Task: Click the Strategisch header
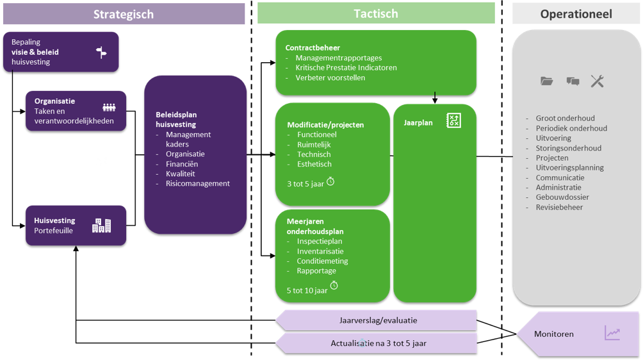123,14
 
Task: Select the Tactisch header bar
376,13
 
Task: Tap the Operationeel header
576,14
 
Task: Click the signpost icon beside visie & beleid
102,53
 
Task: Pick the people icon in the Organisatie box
109,108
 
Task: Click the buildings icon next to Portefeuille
101,225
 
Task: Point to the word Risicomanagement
198,183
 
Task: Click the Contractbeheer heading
313,47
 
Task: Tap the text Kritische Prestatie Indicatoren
346,67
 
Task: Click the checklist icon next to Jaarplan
453,120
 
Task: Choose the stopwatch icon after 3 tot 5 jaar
330,181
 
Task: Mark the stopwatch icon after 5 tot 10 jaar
334,285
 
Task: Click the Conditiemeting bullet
322,261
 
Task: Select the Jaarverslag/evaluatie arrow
377,320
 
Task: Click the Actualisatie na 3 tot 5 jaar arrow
377,343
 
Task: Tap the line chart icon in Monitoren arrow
612,333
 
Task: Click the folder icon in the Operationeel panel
546,81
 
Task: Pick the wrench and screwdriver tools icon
597,81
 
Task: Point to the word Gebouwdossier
562,197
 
